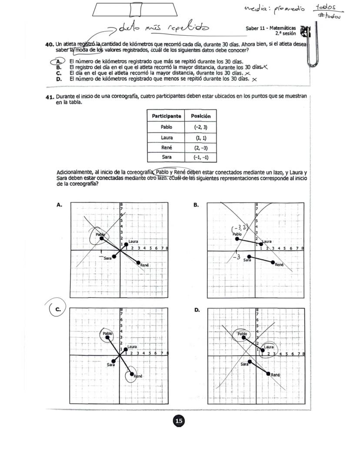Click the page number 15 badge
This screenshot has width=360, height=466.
tap(179, 421)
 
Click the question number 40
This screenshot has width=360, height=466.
tap(50, 44)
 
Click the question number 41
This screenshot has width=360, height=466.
tap(50, 97)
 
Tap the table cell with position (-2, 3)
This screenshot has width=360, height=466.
tap(200, 127)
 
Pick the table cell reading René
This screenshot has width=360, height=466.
tap(166, 148)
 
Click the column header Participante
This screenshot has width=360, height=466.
tap(166, 116)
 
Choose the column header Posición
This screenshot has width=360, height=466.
tap(200, 116)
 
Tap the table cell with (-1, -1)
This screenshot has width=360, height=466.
tap(200, 157)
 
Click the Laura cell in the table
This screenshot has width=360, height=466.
tap(166, 137)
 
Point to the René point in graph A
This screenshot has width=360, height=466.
tap(139, 262)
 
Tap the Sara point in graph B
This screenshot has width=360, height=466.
tap(249, 257)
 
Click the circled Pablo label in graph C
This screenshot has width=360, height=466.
tap(107, 334)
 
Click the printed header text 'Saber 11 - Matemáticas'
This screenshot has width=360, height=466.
tap(270, 28)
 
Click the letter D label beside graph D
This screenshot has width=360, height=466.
tap(197, 310)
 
